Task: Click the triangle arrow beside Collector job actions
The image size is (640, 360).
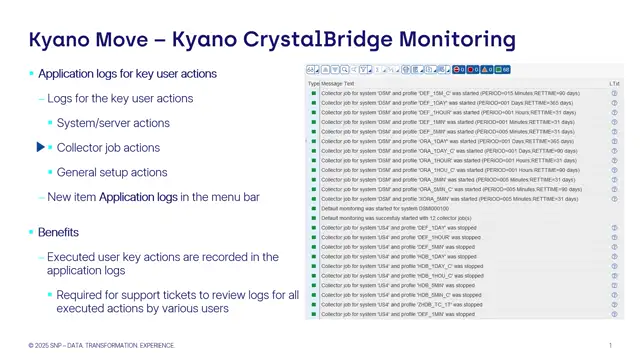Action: click(41, 148)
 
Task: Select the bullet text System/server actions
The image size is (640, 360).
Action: click(113, 123)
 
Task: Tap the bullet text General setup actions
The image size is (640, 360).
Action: click(112, 172)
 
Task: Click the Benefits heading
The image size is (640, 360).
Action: click(58, 232)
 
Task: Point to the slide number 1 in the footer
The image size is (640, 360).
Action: click(610, 345)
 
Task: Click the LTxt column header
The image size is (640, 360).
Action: click(614, 83)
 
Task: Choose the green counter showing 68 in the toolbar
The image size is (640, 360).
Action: click(503, 70)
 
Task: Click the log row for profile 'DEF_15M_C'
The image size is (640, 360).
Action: click(450, 93)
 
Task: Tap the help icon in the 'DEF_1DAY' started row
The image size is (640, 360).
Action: click(614, 103)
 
